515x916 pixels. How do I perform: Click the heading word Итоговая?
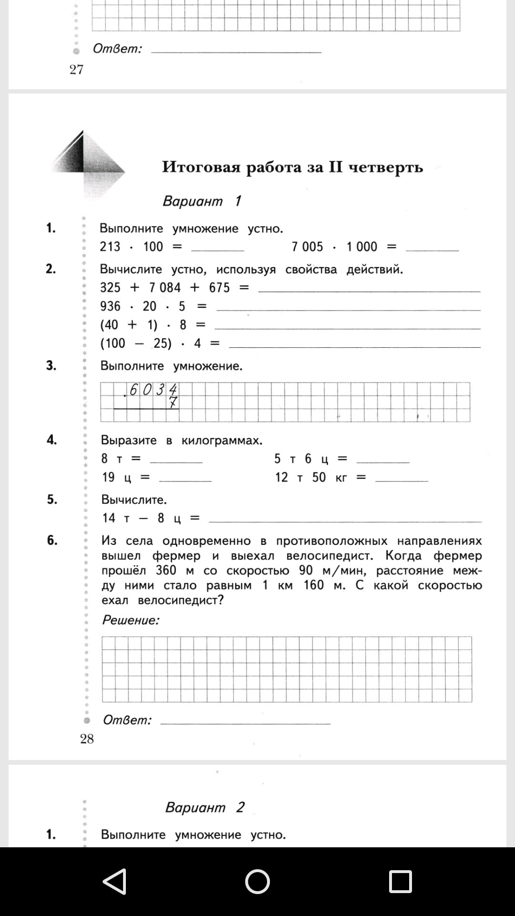[200, 167]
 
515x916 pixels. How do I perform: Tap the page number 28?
[87, 739]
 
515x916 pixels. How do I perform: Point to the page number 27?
[76, 70]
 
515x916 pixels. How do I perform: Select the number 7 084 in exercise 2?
[165, 288]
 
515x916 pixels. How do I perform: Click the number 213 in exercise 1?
[110, 247]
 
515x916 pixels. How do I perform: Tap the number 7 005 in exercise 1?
[307, 247]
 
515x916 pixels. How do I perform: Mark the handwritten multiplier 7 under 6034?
[173, 403]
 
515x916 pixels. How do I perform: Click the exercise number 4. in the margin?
[51, 439]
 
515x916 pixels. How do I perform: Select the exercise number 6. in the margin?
[52, 540]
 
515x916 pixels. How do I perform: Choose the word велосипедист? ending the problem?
[181, 600]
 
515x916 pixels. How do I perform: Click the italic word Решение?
[131, 620]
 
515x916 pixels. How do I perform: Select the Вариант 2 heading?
[205, 807]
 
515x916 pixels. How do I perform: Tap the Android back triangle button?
[115, 881]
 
